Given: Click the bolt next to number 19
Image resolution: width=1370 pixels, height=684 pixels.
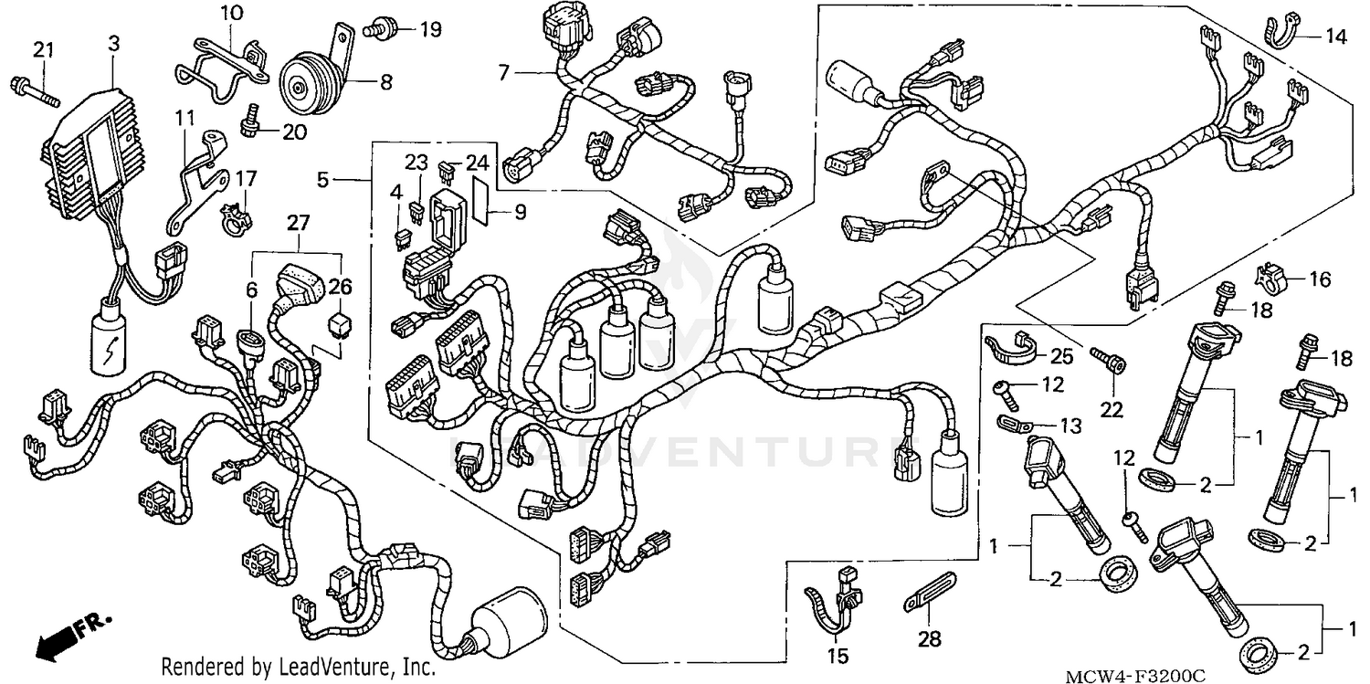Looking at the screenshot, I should click(376, 29).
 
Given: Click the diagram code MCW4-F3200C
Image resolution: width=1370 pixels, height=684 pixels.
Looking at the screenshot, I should click(1134, 674).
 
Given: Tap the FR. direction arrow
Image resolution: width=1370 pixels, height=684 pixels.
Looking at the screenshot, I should click(68, 636).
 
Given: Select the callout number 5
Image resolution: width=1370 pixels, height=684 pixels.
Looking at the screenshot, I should click(323, 181).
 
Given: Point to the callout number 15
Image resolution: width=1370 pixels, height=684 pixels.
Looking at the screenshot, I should click(838, 655).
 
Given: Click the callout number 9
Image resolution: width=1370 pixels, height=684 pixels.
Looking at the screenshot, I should click(519, 213).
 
